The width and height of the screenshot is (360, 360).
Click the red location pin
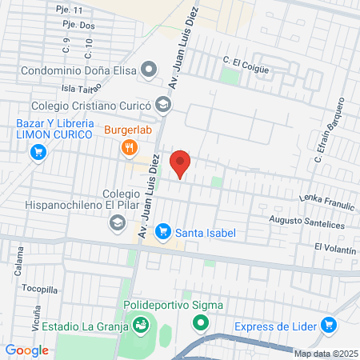[x=181, y=163]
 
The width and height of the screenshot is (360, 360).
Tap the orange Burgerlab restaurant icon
[x=128, y=147]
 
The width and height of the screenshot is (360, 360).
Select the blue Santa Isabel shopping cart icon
[x=163, y=231]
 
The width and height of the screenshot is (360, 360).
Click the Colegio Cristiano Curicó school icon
[x=163, y=103]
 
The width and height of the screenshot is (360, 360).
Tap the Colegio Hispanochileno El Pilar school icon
[x=117, y=223]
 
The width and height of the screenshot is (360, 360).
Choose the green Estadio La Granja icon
[x=141, y=325]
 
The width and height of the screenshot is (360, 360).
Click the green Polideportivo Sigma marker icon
[x=200, y=324]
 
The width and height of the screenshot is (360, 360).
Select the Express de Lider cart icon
[x=328, y=325]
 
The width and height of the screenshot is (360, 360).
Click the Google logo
[x=27, y=350]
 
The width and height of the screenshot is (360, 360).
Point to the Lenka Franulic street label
[x=326, y=203]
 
